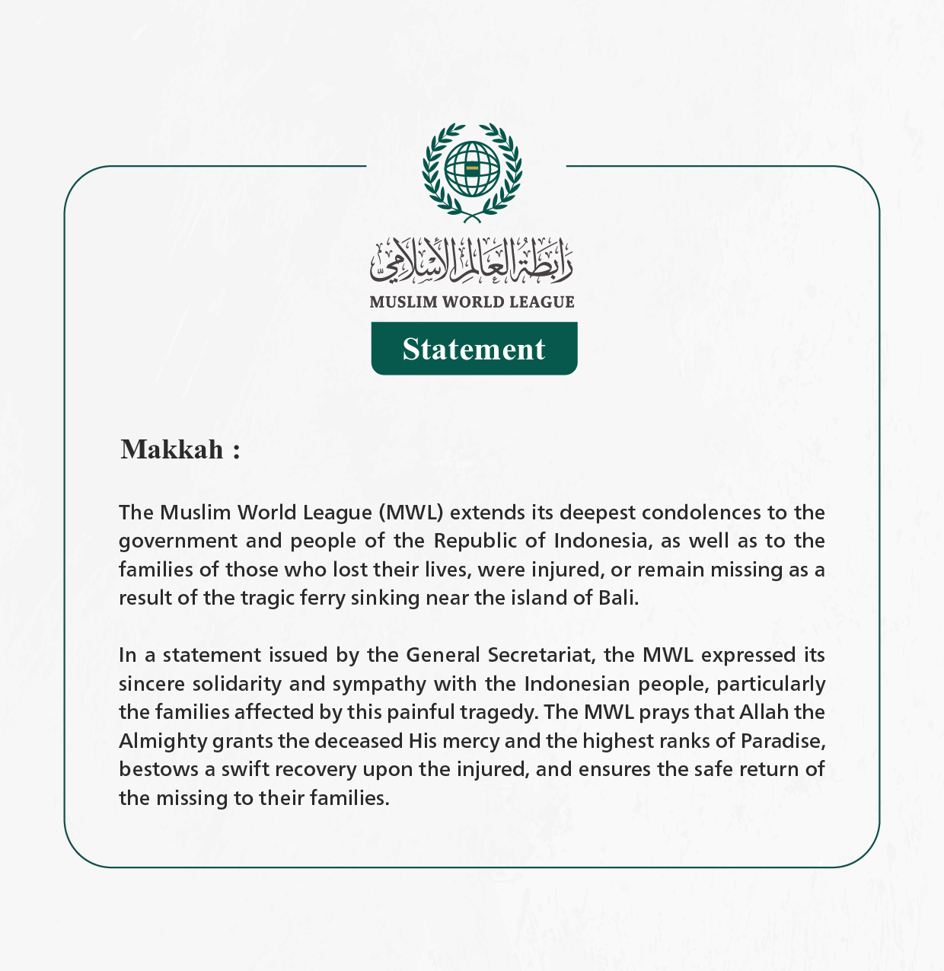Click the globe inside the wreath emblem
click(472, 168)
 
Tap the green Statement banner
click(474, 349)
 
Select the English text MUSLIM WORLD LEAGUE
click(471, 302)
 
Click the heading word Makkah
click(172, 449)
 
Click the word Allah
click(763, 712)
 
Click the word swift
click(244, 769)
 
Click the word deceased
click(359, 741)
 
